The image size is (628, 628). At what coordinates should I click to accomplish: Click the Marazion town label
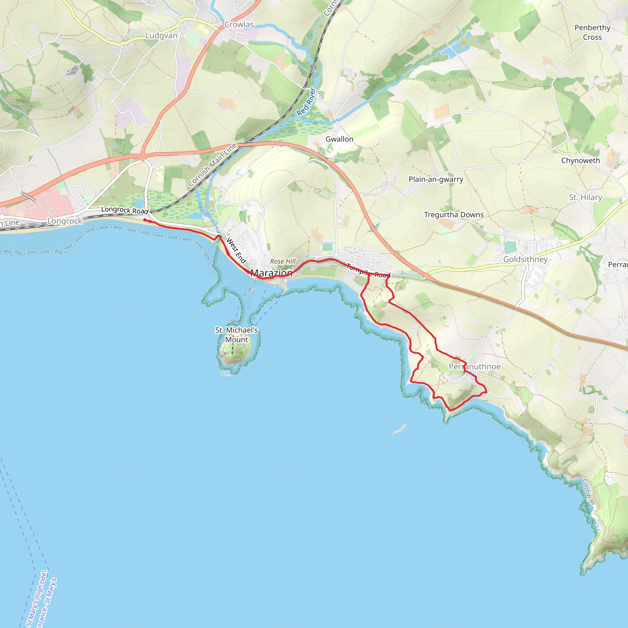point(271,273)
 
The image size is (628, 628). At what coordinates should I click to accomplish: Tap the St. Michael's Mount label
point(236,335)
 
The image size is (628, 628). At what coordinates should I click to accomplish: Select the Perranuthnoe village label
point(475,367)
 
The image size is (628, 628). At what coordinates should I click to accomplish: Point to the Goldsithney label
point(525,259)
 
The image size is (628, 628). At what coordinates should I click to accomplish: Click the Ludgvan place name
point(161,36)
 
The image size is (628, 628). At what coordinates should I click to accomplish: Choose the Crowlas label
point(239,25)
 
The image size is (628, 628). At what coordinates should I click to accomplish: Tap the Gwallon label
point(339,139)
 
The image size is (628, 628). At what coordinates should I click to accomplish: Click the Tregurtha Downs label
point(454,215)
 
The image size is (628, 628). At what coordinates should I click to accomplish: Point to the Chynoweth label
point(580,161)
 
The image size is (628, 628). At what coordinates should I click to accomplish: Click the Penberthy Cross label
point(592,32)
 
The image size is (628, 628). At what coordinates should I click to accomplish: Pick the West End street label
point(236,250)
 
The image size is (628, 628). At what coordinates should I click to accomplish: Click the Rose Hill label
point(283,261)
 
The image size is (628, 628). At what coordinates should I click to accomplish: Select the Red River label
point(306,102)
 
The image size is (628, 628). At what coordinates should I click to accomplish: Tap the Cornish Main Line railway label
point(212,165)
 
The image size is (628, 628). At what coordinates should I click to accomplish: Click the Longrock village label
point(65,221)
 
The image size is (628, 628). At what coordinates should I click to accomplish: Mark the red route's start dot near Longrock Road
point(145,220)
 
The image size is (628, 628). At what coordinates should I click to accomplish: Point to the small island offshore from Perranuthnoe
point(399,429)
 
